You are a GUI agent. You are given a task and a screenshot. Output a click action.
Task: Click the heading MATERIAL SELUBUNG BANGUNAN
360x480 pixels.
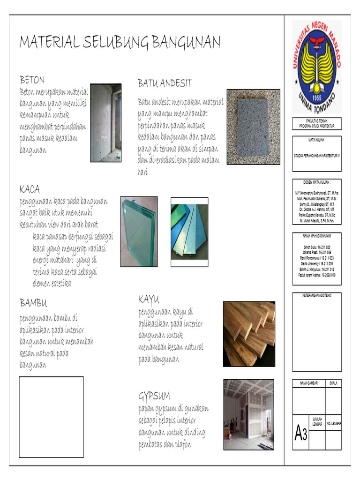coord(120,43)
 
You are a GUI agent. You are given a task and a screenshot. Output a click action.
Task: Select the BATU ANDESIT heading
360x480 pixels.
coord(165,83)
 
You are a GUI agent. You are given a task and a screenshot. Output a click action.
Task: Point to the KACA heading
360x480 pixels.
coord(30,189)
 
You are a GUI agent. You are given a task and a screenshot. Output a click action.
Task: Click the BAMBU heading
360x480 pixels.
coord(33,302)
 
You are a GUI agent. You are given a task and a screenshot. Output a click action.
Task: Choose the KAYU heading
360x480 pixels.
coord(149,299)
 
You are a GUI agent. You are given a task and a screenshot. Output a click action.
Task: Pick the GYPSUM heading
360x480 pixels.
coord(154,395)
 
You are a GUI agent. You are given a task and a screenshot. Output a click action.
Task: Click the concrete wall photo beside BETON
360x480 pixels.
coord(105,123)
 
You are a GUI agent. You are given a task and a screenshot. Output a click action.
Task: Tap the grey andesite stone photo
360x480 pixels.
coord(253,127)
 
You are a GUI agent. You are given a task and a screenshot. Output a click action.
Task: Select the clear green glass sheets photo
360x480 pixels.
coord(139,232)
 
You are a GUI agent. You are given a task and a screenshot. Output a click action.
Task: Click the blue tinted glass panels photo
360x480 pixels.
coord(189,232)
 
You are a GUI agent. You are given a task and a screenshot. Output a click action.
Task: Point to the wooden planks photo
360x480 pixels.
coord(249,334)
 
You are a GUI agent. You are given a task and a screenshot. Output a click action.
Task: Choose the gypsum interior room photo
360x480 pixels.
coord(248,408)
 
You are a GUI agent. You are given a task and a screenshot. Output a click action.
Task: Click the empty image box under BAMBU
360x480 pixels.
coord(51,417)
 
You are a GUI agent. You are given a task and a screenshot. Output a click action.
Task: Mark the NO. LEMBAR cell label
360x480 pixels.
coord(334,423)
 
